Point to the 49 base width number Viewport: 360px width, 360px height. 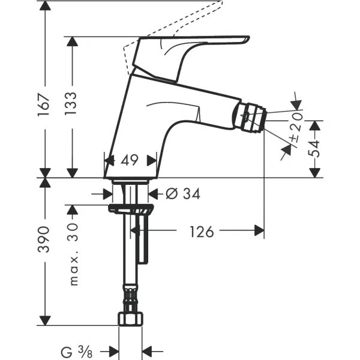pos(130,160)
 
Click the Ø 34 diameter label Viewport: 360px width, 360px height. pos(182,193)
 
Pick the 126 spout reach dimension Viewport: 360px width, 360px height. pos(201,230)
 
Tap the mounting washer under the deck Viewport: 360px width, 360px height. pos(131,209)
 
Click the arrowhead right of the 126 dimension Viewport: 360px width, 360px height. pos(259,230)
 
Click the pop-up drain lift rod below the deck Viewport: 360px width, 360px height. pos(143,240)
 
